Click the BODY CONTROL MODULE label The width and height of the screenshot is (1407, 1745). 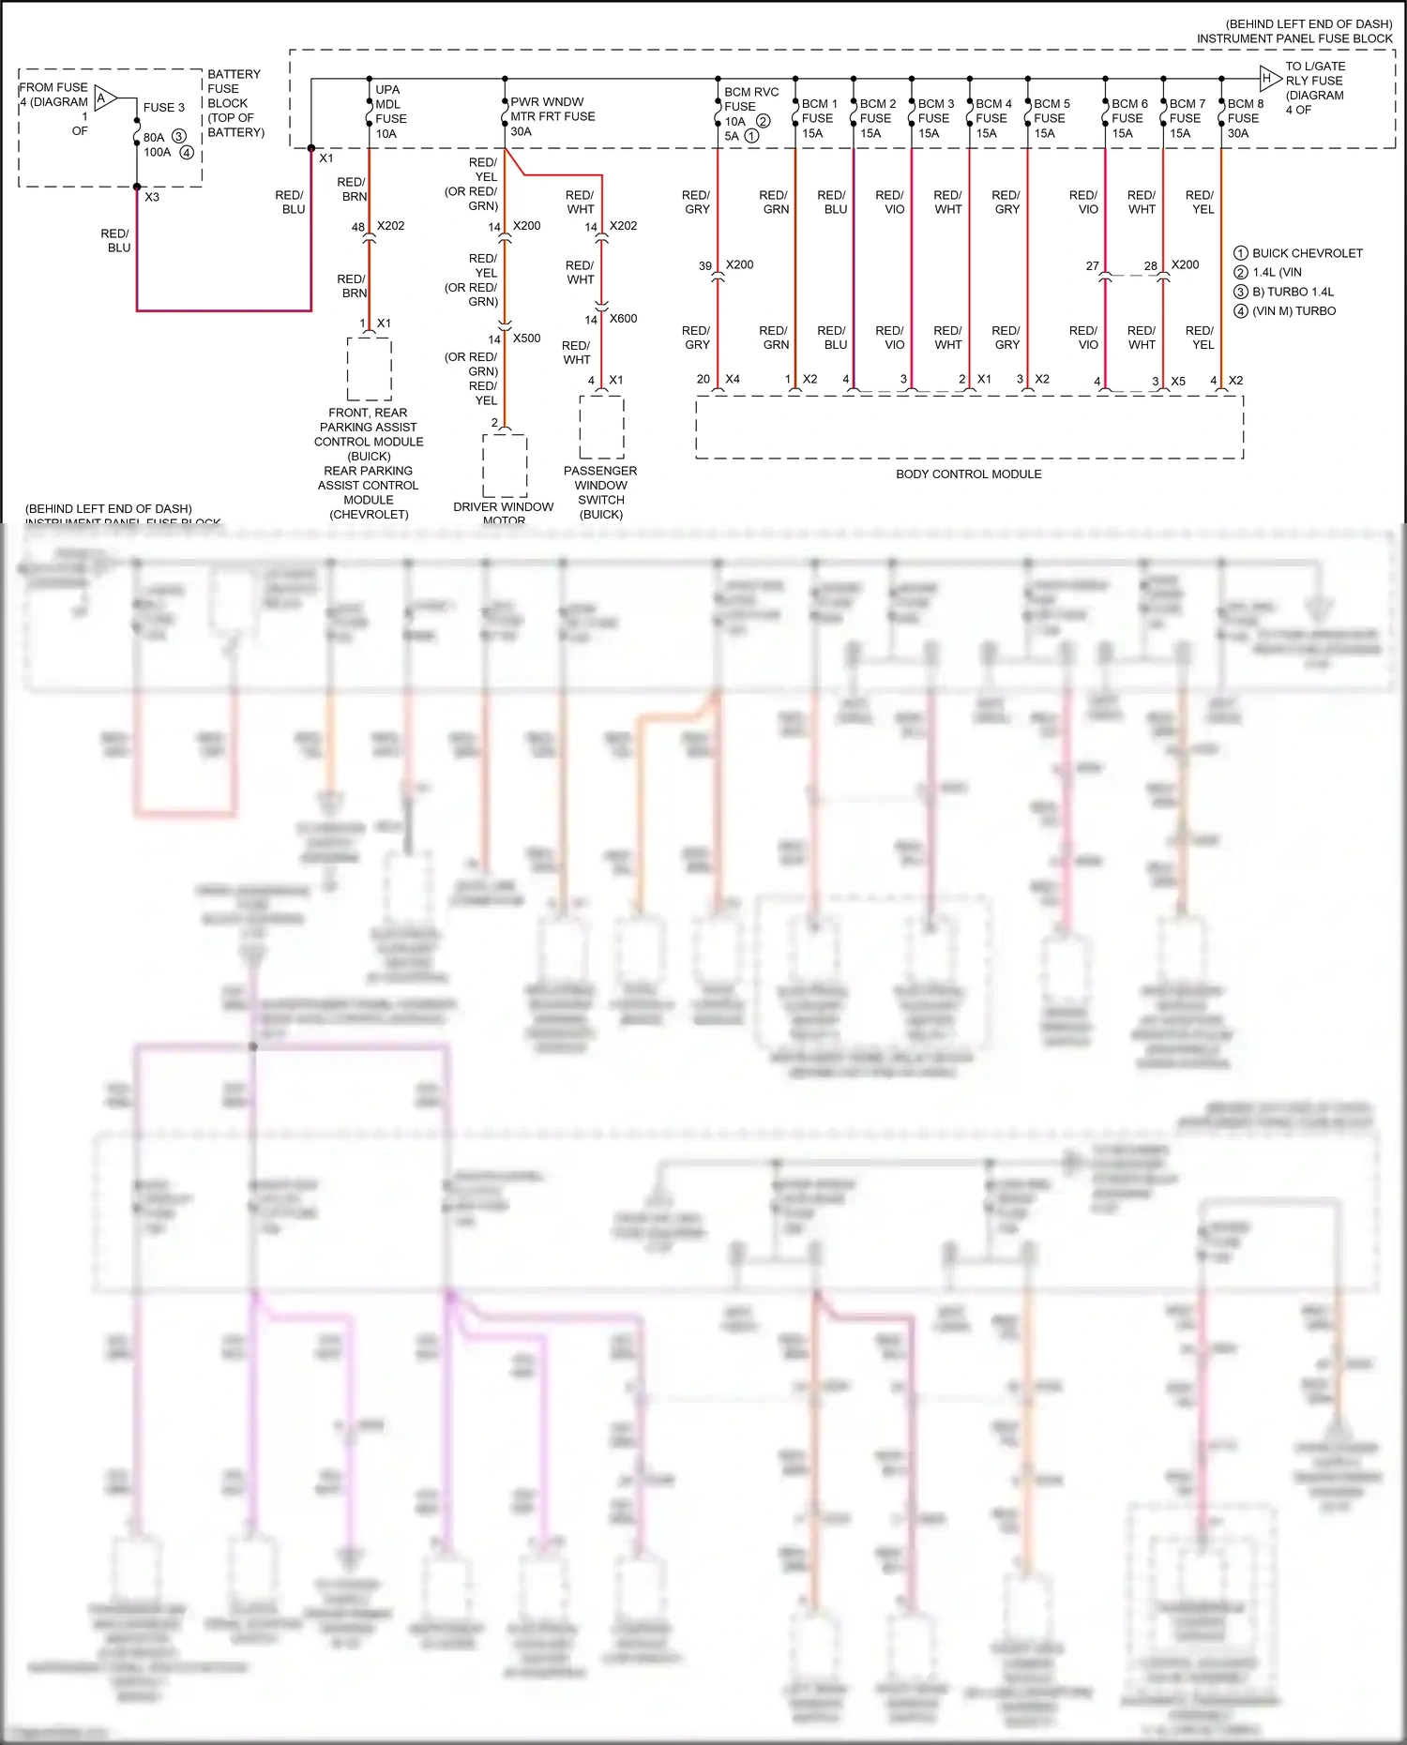pos(968,474)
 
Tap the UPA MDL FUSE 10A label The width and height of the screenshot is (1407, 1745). pos(390,112)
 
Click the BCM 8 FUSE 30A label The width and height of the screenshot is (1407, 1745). pos(1245,118)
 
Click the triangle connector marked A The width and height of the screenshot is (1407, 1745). pos(104,98)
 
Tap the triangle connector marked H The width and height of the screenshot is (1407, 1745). pos(1269,79)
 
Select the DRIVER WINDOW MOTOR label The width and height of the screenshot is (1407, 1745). pos(504,513)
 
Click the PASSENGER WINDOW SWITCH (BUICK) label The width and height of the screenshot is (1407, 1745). pos(600,492)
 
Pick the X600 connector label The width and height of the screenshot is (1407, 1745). pos(623,319)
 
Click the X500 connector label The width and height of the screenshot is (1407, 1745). pos(526,338)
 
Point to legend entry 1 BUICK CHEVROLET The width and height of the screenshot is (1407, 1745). pos(1298,253)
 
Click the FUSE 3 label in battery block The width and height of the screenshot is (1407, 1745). pos(164,108)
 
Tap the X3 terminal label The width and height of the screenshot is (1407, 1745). pos(152,197)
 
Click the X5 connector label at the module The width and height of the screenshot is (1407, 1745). pos(1178,382)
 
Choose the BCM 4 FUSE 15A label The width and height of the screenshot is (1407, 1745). pos(992,118)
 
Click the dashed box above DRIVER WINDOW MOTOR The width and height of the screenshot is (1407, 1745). pos(505,465)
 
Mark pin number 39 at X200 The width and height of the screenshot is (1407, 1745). pos(705,266)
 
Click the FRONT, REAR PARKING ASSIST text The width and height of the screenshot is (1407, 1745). pos(368,420)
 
